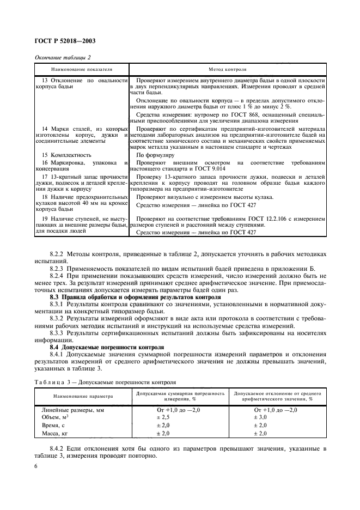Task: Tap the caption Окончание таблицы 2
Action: click(x=62, y=57)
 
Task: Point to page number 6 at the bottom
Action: click(x=36, y=466)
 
